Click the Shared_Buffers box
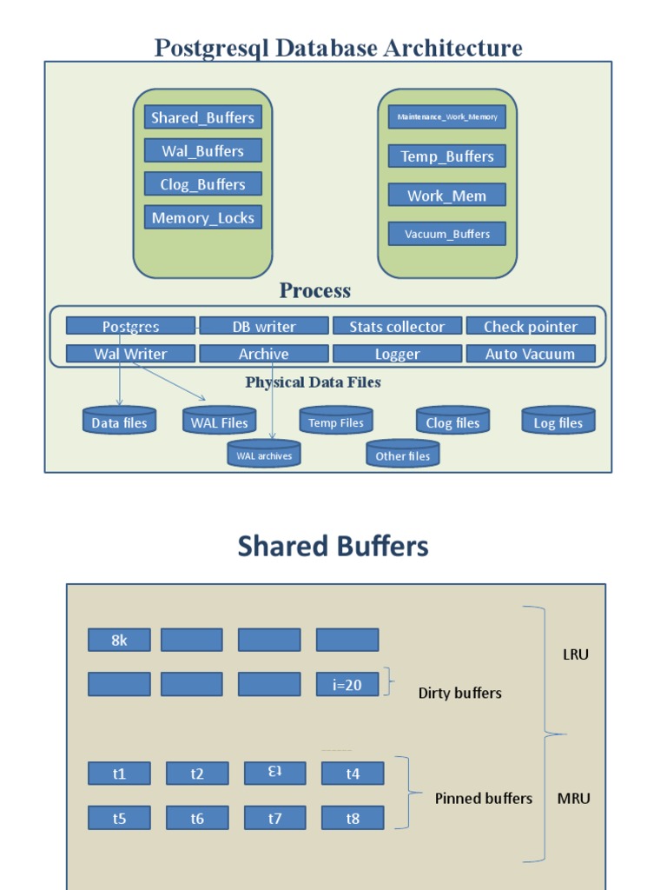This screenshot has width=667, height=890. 202,117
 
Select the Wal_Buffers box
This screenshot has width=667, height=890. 202,151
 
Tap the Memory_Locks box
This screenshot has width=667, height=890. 202,218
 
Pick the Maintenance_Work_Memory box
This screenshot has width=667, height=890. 446,116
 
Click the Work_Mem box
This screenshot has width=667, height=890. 446,196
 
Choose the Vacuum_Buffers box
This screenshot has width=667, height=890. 446,234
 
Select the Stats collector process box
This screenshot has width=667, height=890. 397,327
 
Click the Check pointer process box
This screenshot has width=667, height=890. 531,327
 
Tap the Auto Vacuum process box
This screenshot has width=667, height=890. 531,354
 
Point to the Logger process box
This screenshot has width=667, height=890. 397,354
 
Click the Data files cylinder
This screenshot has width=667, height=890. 119,422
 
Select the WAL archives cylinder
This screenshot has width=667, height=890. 264,455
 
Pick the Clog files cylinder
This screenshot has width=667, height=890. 452,422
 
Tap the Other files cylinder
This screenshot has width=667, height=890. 403,455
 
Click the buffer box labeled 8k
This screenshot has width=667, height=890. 119,640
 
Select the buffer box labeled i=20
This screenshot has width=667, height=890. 347,685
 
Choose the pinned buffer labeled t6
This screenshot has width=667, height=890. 197,818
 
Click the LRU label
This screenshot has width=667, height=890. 575,654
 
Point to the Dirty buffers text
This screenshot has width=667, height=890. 459,693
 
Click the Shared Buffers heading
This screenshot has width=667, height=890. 333,546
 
